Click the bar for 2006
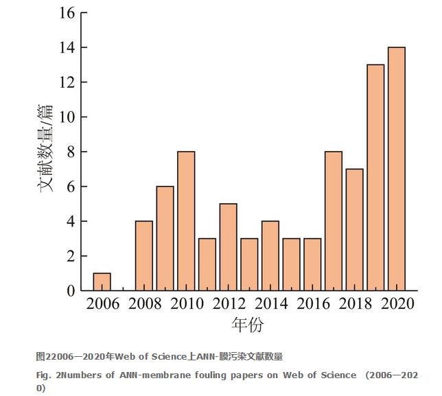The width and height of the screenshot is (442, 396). (102, 282)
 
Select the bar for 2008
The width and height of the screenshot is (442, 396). (143, 255)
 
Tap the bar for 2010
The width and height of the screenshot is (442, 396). (186, 221)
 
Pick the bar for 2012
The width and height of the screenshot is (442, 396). (228, 247)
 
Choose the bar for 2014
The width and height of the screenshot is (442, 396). (270, 255)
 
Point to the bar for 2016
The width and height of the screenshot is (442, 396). (312, 264)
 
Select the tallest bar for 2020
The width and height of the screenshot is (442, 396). (396, 169)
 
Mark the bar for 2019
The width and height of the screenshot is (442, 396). (375, 178)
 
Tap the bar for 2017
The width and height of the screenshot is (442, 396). (333, 221)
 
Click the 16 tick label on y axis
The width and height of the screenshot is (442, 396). (66, 13)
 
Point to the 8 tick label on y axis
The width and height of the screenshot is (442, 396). (70, 152)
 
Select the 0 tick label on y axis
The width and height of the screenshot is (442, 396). (70, 291)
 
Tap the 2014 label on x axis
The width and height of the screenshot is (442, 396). (270, 304)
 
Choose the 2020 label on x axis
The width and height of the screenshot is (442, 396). (397, 304)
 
